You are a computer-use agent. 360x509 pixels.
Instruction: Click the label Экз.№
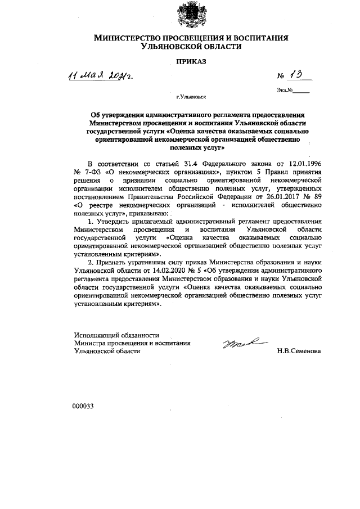coord(285,90)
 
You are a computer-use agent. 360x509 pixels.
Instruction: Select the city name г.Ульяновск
coord(191,97)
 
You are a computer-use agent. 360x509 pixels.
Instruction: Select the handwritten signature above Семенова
coord(239,341)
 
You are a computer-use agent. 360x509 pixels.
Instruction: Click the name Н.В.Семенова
coord(299,350)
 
